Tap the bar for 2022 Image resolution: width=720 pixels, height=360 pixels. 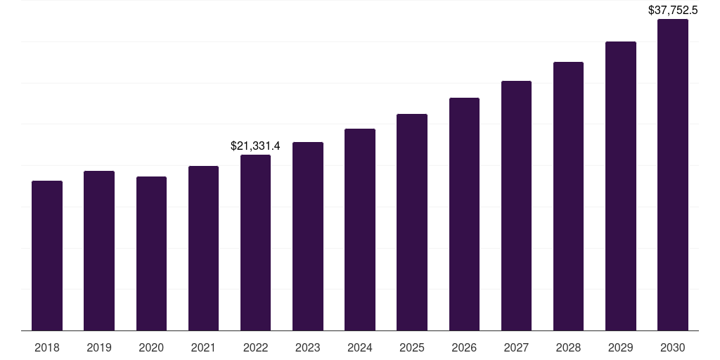point(255,243)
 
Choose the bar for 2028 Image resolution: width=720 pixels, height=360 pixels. point(568,196)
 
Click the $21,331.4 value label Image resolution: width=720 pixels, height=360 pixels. point(255,146)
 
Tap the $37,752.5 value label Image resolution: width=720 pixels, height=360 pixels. point(673,11)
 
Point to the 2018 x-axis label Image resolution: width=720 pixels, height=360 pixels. point(47,347)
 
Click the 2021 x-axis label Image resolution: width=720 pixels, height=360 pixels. point(203,347)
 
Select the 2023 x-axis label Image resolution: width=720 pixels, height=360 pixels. point(308,347)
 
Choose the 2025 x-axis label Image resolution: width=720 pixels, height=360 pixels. point(412,347)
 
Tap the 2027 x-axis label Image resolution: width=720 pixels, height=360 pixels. point(516,347)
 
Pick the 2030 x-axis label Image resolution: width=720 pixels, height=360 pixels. point(673,347)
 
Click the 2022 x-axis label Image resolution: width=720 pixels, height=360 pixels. point(255,347)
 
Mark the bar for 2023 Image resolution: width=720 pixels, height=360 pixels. point(308,236)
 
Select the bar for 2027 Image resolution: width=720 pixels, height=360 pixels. point(516,205)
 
